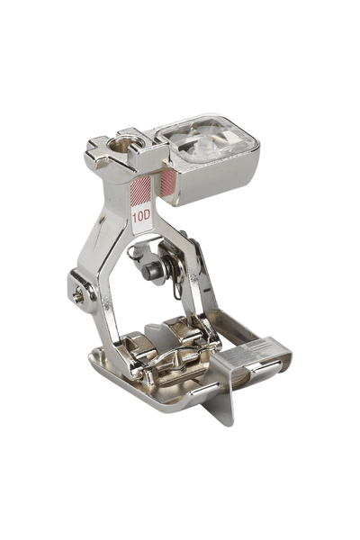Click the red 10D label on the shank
point(141,216)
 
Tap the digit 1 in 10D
point(135,217)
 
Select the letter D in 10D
point(147,216)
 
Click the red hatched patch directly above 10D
point(140,190)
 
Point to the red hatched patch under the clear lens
point(168,182)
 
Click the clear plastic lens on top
point(207,139)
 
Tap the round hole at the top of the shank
point(122,145)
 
